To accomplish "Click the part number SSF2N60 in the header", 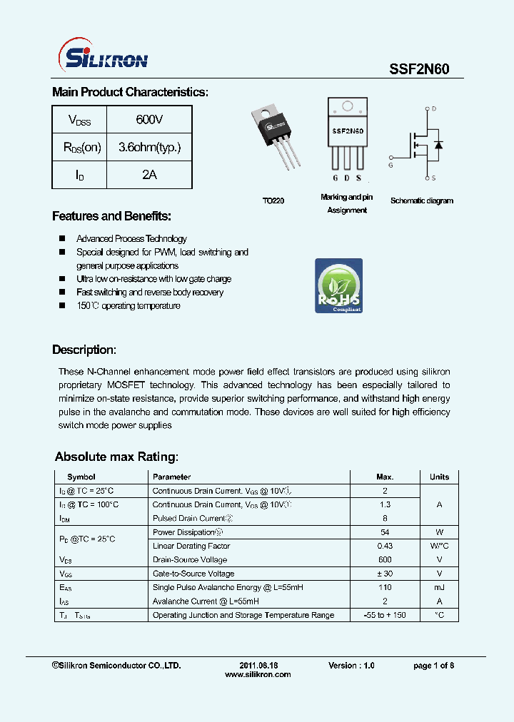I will (418, 69).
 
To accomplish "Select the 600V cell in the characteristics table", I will (149, 119).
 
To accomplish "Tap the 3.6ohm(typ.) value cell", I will (149, 147).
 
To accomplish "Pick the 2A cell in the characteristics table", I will (149, 174).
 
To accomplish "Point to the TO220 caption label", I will (273, 201).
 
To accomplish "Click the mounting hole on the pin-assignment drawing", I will (348, 107).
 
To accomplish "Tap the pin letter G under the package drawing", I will (335, 178).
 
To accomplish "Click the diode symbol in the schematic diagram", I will (438, 145).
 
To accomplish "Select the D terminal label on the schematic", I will (433, 109).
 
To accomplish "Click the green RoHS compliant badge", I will (339, 285).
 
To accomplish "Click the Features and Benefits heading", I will (111, 216).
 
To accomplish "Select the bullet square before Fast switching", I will (62, 293).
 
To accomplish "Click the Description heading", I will (84, 350).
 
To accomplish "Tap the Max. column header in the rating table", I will (385, 477).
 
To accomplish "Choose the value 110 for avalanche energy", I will (385, 587).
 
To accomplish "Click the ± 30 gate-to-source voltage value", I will (385, 574).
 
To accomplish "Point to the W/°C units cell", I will (439, 546).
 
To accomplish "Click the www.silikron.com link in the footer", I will (258, 674).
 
